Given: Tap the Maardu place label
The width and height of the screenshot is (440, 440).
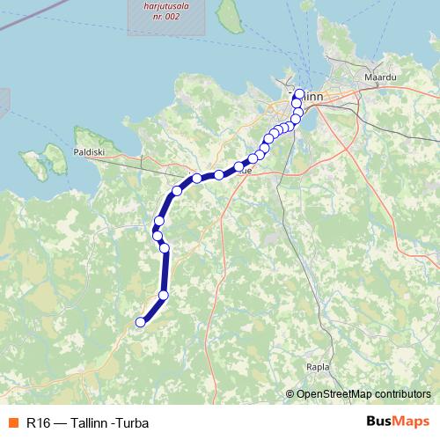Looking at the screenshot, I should (379, 77).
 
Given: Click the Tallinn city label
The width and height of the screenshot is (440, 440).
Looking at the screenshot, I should (310, 95).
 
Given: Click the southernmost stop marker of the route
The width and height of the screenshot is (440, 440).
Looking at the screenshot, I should (139, 322).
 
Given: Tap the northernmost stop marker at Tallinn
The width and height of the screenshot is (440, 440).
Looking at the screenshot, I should (299, 93).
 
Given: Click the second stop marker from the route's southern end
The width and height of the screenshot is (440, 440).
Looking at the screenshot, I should (164, 295).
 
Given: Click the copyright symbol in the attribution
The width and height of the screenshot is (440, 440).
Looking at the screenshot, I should (290, 394).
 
